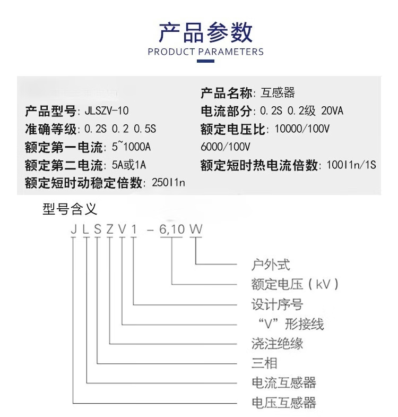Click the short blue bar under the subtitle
tap(205, 62)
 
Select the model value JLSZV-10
tap(107, 112)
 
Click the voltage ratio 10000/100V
tap(302, 129)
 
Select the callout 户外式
tap(271, 264)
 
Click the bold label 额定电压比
tap(233, 129)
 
